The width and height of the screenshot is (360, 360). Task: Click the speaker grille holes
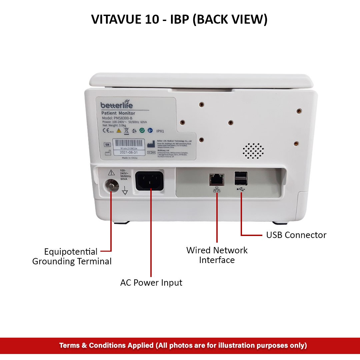[253, 151]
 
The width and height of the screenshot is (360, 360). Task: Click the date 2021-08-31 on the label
[128, 152]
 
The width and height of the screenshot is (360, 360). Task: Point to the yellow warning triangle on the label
[119, 131]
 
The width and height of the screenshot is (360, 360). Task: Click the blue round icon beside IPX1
[150, 131]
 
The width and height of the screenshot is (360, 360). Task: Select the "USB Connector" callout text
[296, 235]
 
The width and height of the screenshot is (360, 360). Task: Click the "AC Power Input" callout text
[151, 283]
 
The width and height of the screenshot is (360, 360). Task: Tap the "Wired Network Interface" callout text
[217, 255]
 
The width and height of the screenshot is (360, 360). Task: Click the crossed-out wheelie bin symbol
[127, 131]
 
